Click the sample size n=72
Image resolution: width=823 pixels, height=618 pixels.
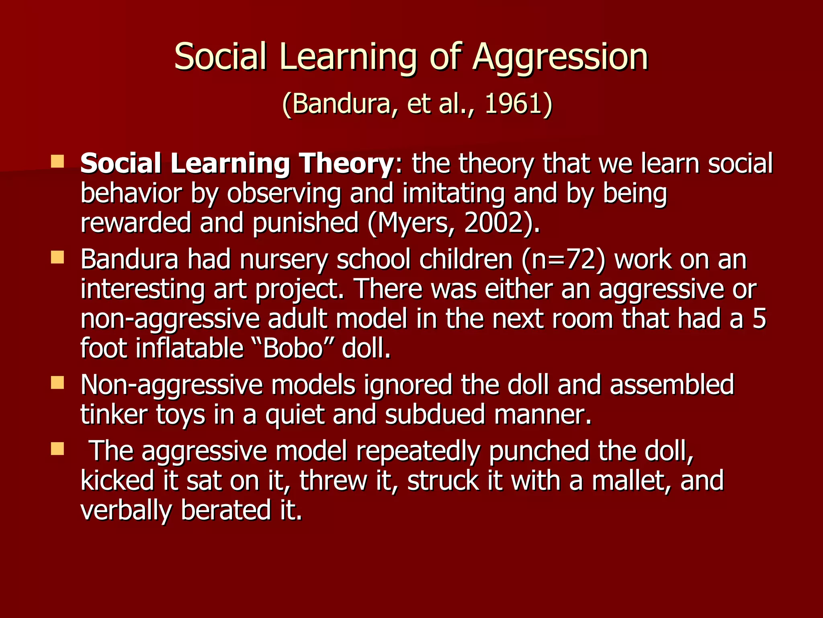563,260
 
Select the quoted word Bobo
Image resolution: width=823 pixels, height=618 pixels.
293,348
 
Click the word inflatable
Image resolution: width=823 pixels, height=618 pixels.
189,348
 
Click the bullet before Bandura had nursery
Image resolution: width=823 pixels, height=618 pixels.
57,257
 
